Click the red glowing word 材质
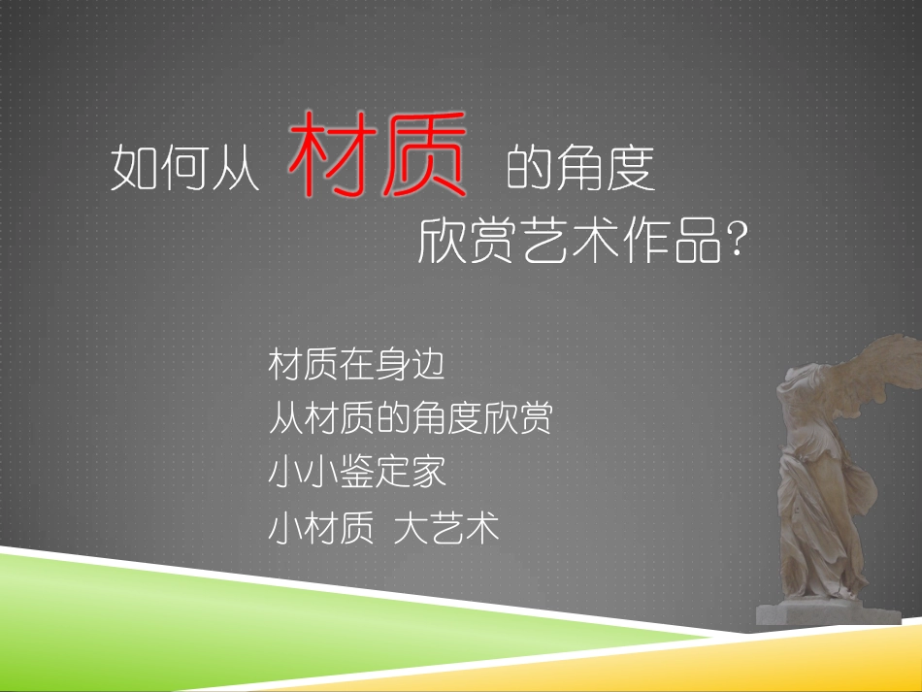pyautogui.click(x=378, y=156)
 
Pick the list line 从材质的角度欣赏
pyautogui.click(x=410, y=419)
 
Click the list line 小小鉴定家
pyautogui.click(x=356, y=474)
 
